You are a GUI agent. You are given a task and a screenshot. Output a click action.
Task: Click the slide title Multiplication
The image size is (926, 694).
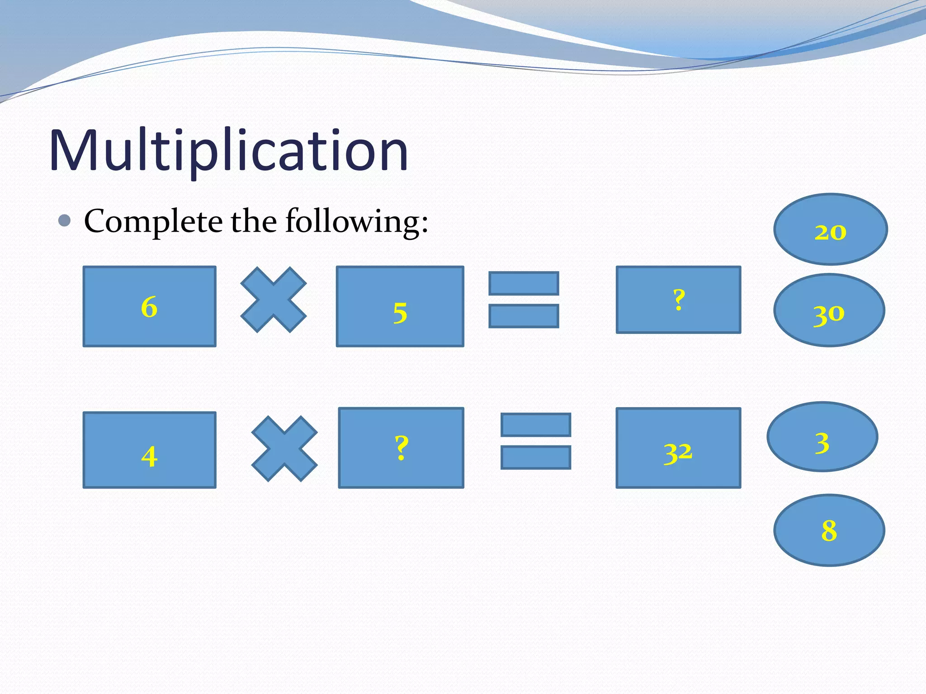point(228,150)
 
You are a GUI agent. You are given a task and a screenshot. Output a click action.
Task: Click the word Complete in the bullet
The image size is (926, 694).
point(153,221)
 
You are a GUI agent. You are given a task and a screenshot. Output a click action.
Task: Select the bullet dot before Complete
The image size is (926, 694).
point(65,220)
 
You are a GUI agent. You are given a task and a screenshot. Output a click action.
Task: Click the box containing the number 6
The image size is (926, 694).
point(149,306)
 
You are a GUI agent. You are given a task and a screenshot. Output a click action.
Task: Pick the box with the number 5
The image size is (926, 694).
point(400,306)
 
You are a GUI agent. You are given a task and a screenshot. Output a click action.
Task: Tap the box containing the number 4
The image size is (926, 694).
point(149,450)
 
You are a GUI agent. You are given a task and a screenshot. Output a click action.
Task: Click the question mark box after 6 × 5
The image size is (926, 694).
point(678,300)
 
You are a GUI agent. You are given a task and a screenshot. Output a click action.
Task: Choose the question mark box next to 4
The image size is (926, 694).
point(401,448)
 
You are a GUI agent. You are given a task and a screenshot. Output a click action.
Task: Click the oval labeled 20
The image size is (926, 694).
point(831,229)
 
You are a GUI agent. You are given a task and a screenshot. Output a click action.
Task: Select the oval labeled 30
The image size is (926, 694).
point(829,310)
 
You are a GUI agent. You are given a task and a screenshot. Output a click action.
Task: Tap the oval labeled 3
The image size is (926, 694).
point(822,437)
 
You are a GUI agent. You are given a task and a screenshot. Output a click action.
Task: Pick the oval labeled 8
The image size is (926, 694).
point(829,530)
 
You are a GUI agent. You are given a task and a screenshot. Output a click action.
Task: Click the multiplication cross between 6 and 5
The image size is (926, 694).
point(274,300)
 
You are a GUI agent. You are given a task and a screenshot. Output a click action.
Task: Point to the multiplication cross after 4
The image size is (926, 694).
point(284,449)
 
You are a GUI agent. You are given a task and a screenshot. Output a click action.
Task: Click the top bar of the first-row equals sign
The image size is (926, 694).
point(524,283)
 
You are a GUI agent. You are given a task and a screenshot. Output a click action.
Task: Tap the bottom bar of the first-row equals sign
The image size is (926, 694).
point(524,316)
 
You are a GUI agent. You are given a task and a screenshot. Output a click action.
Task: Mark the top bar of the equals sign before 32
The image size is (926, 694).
point(536,425)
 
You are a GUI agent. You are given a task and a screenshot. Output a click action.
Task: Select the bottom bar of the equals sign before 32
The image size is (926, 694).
point(536,457)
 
